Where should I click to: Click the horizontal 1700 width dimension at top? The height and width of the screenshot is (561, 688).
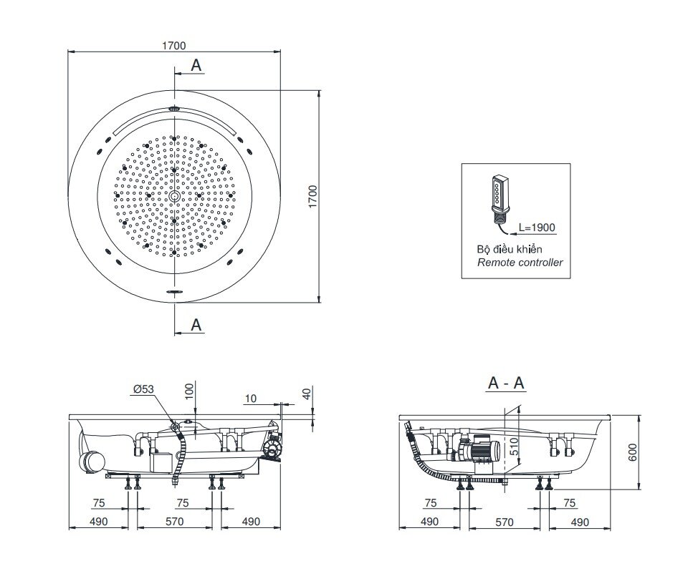(174, 46)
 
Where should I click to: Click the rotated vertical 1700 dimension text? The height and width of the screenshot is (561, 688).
(312, 196)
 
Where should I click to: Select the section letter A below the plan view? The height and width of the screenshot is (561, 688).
(196, 324)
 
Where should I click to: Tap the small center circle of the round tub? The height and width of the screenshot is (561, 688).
(174, 196)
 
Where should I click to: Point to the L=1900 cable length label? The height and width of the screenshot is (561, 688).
(536, 228)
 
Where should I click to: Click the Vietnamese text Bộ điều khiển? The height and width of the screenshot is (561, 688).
(509, 249)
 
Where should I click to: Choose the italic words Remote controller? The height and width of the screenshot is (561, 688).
(520, 263)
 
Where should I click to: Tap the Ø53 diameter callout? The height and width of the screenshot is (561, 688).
(142, 389)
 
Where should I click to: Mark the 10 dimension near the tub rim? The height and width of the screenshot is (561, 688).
(250, 398)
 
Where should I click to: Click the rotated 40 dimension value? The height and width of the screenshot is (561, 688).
(307, 394)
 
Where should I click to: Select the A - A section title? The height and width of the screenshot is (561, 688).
(505, 384)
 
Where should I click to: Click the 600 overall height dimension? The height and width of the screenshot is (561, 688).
(632, 452)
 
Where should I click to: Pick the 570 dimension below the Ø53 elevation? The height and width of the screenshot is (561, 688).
(174, 522)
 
